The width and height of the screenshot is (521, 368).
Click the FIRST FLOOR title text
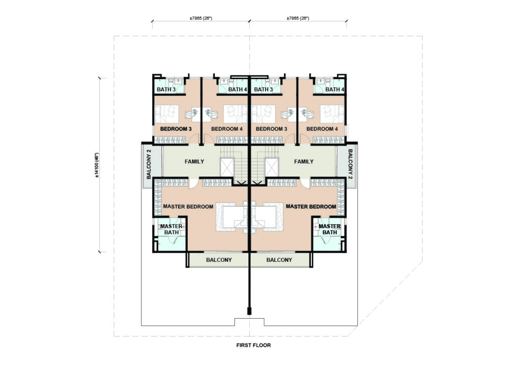click(x=253, y=345)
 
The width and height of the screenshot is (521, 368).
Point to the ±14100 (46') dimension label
click(x=97, y=165)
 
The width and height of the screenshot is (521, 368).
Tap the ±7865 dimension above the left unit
click(x=200, y=18)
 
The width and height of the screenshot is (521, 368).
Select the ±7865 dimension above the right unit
click(x=298, y=18)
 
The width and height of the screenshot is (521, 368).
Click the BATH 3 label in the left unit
click(x=166, y=89)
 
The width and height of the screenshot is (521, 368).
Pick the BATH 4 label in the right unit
click(x=335, y=89)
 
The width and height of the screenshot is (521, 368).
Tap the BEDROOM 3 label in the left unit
click(x=176, y=129)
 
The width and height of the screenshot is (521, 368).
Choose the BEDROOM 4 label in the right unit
click(x=322, y=129)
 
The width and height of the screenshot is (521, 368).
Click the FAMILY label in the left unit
click(x=194, y=162)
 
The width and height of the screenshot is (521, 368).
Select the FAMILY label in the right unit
click(x=304, y=162)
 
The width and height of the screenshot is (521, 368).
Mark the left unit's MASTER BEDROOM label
click(x=188, y=206)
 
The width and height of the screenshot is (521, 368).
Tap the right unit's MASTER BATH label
click(x=330, y=229)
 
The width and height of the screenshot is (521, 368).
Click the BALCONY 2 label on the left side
click(x=149, y=164)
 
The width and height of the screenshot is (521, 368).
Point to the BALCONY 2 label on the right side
click(x=350, y=164)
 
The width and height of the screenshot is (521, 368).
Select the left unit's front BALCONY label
click(x=219, y=260)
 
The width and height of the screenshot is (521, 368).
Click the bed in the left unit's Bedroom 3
click(x=167, y=114)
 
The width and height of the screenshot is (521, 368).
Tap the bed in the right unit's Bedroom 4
click(x=332, y=114)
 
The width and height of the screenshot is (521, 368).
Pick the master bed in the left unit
click(x=233, y=217)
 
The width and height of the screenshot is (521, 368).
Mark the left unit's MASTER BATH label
click(x=171, y=229)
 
